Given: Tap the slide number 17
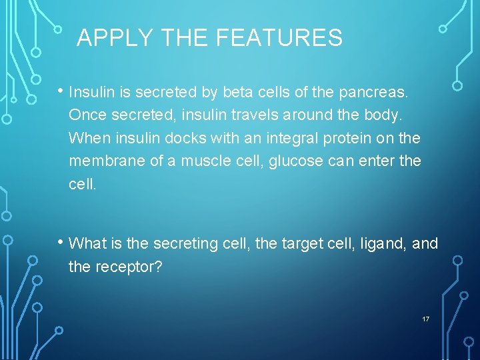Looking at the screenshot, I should click(x=425, y=319).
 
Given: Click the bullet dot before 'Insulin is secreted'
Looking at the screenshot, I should click(x=61, y=89).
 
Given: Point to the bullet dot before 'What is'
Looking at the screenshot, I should click(x=61, y=242).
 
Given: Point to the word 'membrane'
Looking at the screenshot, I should click(x=103, y=161).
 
